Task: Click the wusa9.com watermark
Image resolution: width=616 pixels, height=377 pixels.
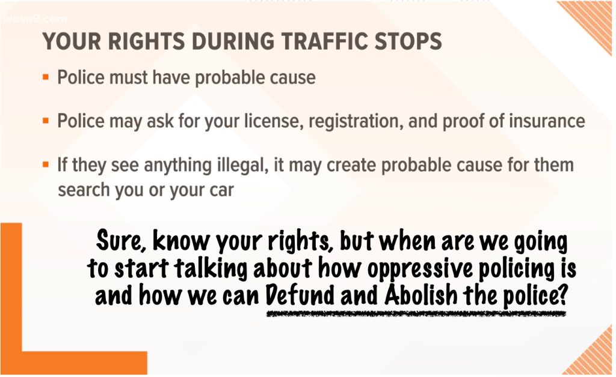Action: click(x=35, y=19)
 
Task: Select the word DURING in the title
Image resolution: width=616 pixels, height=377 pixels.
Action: click(x=233, y=41)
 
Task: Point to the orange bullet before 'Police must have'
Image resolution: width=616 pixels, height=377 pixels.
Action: click(x=46, y=77)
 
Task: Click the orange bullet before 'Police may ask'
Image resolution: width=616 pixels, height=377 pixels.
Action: click(x=46, y=121)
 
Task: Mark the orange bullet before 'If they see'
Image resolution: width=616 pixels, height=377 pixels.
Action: click(x=46, y=164)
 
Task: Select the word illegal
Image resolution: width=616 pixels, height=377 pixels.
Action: click(x=243, y=165)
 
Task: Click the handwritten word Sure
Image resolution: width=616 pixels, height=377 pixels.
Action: click(x=119, y=241)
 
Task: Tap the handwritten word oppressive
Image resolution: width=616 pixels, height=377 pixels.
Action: click(x=420, y=269)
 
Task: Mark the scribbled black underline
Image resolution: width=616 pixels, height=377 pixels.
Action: click(x=416, y=314)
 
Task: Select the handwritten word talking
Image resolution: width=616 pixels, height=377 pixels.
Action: click(x=211, y=269)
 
